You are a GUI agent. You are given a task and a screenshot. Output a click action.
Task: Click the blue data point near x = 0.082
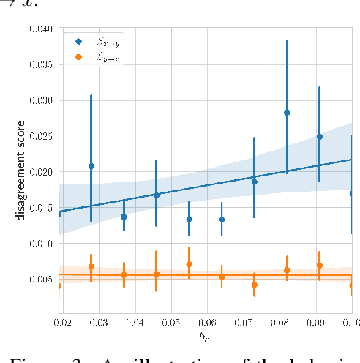coord(287,113)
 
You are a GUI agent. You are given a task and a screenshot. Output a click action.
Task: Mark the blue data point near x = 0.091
coord(320,137)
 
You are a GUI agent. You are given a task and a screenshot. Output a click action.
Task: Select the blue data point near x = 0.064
coord(222,220)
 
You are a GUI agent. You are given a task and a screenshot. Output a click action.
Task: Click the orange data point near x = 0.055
coord(190,264)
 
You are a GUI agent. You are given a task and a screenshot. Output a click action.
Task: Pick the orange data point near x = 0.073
coord(255,285)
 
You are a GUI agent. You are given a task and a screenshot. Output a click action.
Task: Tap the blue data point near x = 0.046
coord(157,195)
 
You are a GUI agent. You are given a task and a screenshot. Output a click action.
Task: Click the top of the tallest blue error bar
coord(287,40)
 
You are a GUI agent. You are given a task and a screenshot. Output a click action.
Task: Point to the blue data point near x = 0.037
coord(124,217)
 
